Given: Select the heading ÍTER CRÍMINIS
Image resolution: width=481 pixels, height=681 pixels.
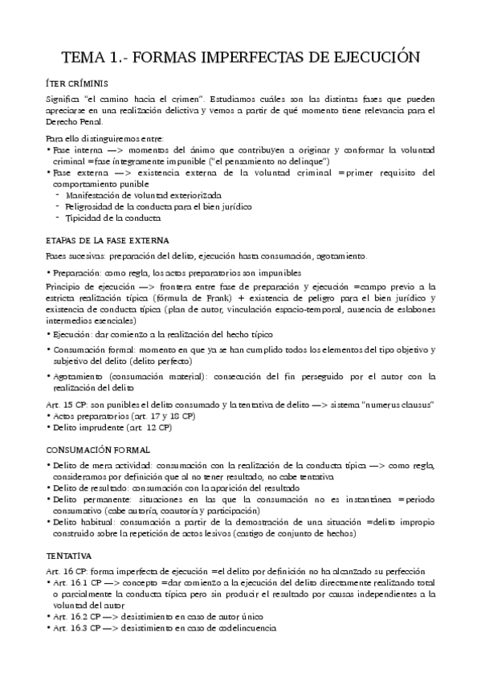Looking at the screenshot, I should tap(83, 83).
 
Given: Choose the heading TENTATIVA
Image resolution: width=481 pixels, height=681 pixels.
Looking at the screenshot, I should tap(68, 555).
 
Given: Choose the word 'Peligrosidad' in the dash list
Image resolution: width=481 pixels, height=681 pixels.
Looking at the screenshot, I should tap(90, 206).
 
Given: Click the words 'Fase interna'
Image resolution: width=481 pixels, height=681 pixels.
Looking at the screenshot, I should tap(75, 150).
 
